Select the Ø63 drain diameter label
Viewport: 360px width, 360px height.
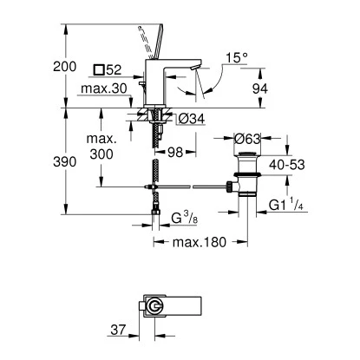click(247, 139)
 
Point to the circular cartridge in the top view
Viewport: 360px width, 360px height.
click(155, 308)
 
